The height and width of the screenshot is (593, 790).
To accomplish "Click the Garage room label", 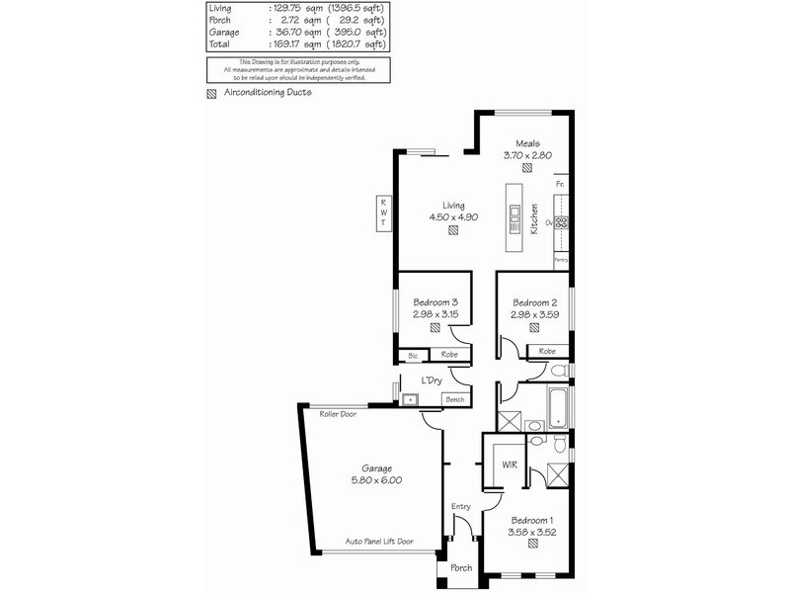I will click(376, 468).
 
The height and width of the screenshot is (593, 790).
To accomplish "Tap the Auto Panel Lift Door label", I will click(379, 542).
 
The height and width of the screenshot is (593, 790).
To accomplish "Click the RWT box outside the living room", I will click(382, 213).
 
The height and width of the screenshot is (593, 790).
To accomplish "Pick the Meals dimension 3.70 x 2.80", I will click(526, 155).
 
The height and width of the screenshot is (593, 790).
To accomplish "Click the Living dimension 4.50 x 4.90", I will click(453, 216).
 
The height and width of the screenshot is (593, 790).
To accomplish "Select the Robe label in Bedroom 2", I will click(546, 351).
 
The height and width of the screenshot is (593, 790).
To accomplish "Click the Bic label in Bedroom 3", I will click(412, 355).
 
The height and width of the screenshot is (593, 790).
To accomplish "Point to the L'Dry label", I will click(431, 381).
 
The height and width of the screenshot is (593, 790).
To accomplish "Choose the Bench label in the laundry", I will click(454, 399).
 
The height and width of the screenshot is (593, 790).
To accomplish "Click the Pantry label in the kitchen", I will click(560, 259).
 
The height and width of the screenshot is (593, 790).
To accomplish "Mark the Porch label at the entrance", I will click(461, 568).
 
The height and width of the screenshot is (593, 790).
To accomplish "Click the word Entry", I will click(461, 507).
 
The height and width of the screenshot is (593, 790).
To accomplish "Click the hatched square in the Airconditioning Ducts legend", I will click(211, 96).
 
